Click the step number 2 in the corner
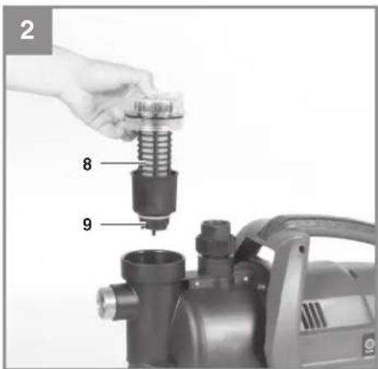pos(27,30)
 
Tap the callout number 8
pos(87,164)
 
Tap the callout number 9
pos(87,224)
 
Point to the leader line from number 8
pos(123,163)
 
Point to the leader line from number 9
pos(122,224)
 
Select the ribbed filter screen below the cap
pos(154,153)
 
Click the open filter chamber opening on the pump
pos(153,260)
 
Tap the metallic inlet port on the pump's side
pos(107,299)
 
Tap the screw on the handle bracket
pos(302,250)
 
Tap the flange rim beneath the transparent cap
pos(155,119)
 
